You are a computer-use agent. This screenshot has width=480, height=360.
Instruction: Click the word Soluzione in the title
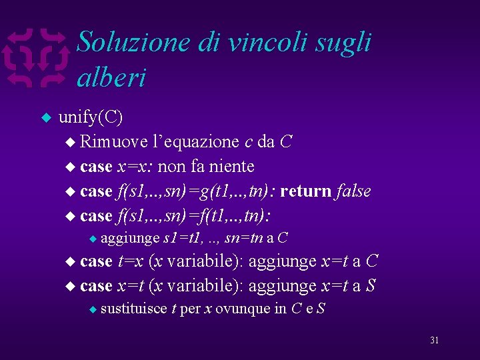pyautogui.click(x=133, y=43)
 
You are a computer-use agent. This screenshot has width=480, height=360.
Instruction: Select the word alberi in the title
pyautogui.click(x=111, y=78)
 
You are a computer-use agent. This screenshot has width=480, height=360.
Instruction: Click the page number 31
pyautogui.click(x=434, y=340)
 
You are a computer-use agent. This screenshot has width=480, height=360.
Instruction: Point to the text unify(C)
pyautogui.click(x=91, y=117)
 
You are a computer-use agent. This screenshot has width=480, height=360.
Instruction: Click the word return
pyautogui.click(x=305, y=191)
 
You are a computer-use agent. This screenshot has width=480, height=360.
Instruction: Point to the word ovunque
pyautogui.click(x=243, y=309)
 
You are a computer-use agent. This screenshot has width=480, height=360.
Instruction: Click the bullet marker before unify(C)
pyautogui.click(x=47, y=118)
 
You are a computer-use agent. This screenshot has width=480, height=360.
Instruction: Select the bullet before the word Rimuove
pyautogui.click(x=71, y=142)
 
